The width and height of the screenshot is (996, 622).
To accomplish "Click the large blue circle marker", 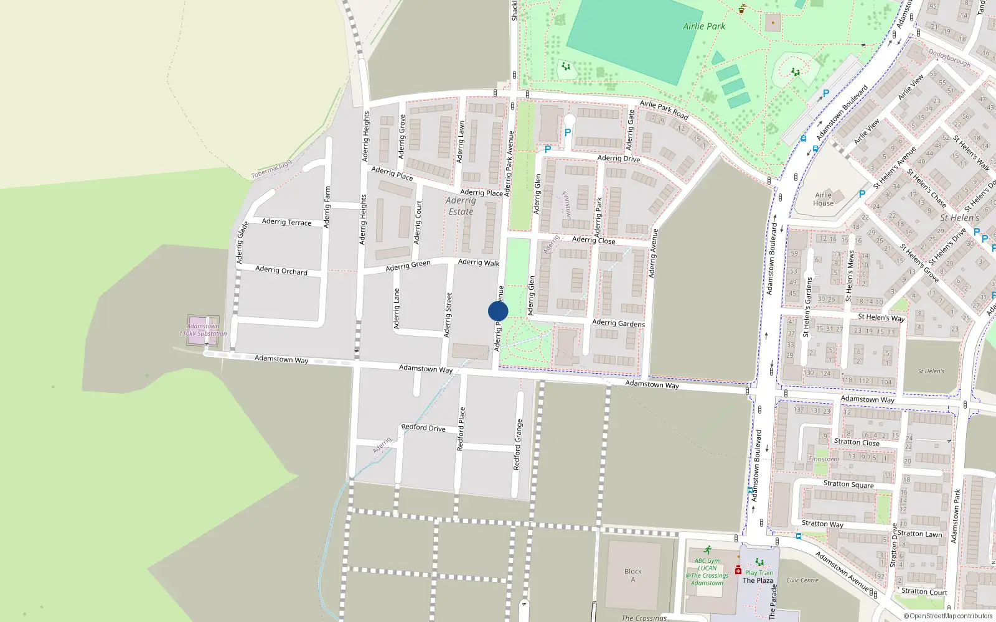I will [x=498, y=311].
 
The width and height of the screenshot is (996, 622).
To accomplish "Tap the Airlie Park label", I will [x=704, y=26].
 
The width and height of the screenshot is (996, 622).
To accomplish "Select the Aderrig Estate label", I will [x=461, y=206].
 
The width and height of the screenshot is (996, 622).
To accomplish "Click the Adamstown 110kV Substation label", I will [x=203, y=330].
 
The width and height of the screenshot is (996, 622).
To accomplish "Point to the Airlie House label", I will [x=823, y=199].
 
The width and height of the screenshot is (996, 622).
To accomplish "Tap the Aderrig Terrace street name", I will [x=286, y=222].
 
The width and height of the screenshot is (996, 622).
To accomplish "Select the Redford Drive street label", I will [x=423, y=428].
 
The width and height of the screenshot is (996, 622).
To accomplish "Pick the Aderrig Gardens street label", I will [x=618, y=323].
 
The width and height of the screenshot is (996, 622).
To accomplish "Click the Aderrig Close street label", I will [x=593, y=240].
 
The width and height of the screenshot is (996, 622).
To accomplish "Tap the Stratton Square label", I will [x=848, y=484].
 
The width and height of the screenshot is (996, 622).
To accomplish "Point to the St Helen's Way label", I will [x=881, y=317].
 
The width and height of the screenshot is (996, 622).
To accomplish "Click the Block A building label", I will [x=633, y=575].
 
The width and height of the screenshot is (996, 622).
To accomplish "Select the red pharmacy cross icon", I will [x=738, y=570].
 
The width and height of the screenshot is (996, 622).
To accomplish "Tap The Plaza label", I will [x=758, y=581].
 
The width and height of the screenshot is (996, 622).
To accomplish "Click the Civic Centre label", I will [x=802, y=580].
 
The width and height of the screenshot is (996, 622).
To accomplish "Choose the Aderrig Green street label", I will [x=408, y=266].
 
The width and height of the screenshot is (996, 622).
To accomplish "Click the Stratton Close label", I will [x=857, y=442].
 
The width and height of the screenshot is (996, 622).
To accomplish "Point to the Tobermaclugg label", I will [x=271, y=170].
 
